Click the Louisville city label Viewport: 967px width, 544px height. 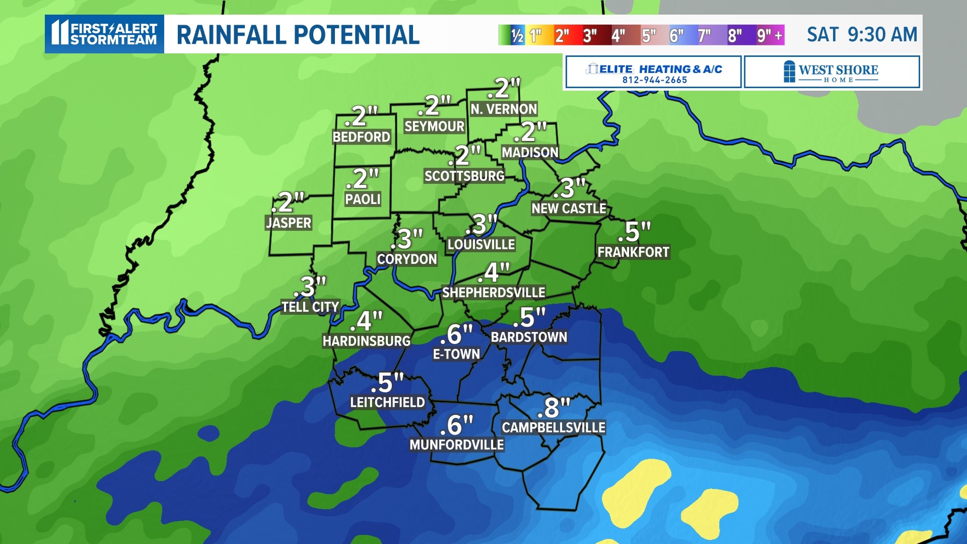tap(481, 245)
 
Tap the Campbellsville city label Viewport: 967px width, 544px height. tap(554, 428)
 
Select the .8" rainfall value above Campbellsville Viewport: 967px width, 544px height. tap(554, 407)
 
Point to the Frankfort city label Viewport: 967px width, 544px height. tap(633, 252)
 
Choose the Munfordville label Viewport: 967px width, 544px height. tap(456, 445)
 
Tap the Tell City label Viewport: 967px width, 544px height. tap(310, 307)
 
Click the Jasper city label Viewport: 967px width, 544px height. tap(289, 223)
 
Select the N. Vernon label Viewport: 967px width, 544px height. tap(504, 109)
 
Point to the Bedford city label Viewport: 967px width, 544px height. tap(361, 137)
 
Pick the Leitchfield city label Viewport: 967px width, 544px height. tap(387, 402)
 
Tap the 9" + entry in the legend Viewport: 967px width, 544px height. tap(770, 35)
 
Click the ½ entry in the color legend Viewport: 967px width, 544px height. tap(517, 35)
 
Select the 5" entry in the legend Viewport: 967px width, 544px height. tap(649, 35)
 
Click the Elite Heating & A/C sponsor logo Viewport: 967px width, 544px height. tap(654, 73)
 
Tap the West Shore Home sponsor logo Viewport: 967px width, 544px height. tap(832, 73)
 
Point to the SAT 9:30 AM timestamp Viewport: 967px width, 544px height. tap(862, 35)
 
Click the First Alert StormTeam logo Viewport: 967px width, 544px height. tap(105, 34)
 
